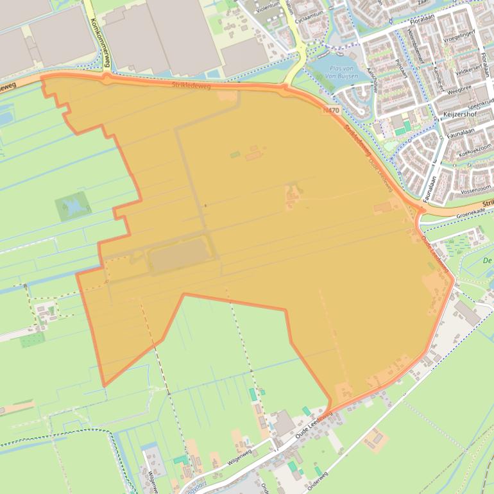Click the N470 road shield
pos(332,111)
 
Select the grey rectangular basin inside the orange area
pos(179,257)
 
